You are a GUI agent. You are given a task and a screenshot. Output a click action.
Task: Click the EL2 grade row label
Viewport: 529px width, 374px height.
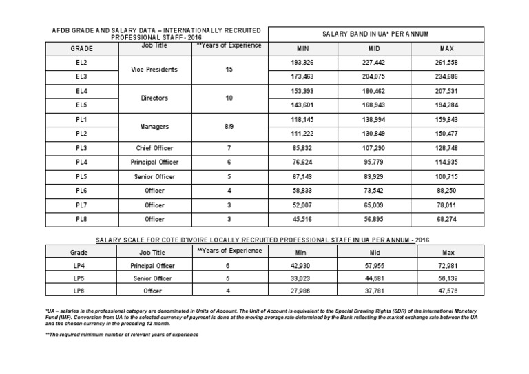[x=82, y=63]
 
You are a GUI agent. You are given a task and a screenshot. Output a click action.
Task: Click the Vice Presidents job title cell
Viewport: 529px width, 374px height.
[x=154, y=70]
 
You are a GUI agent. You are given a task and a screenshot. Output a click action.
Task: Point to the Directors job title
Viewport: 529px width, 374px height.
[x=154, y=98]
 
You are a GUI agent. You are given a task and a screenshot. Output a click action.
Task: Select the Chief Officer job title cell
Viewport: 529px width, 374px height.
[x=154, y=147]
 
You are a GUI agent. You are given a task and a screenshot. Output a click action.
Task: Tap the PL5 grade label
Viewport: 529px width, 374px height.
[x=82, y=176]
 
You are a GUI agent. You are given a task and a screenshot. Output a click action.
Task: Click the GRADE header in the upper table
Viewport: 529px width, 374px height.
[x=82, y=49]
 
